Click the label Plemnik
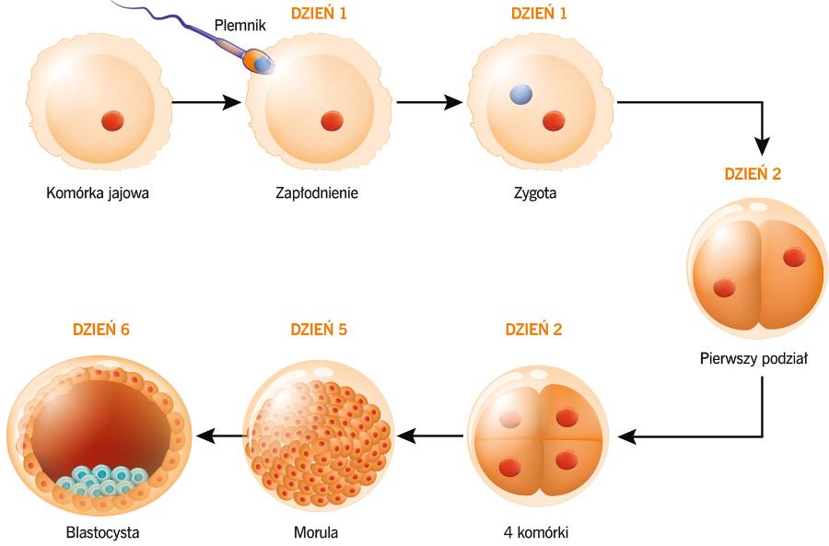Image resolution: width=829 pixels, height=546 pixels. pyautogui.click(x=240, y=25)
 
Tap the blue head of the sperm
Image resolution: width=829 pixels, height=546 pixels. pyautogui.click(x=263, y=64)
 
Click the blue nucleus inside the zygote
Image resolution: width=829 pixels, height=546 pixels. pyautogui.click(x=520, y=95)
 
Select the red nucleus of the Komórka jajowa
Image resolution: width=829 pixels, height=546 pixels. pyautogui.click(x=112, y=121)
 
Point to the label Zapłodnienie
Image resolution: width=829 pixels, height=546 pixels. pyautogui.click(x=317, y=193)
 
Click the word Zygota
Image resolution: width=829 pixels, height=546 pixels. pyautogui.click(x=535, y=193)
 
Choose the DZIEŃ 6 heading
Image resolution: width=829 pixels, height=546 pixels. pyautogui.click(x=101, y=330)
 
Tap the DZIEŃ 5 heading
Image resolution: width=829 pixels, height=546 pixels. pyautogui.click(x=319, y=330)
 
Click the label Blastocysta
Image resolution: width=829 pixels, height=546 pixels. pyautogui.click(x=102, y=532)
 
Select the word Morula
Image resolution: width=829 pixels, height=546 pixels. pyautogui.click(x=316, y=532)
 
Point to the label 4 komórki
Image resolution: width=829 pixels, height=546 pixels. pyautogui.click(x=535, y=532)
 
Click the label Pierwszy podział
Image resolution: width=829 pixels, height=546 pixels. pyautogui.click(x=753, y=359)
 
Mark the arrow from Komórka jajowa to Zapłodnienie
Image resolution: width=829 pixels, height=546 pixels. pyautogui.click(x=206, y=102)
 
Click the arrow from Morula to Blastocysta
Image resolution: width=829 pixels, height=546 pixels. pyautogui.click(x=222, y=436)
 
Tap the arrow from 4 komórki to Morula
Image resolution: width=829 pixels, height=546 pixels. pyautogui.click(x=430, y=436)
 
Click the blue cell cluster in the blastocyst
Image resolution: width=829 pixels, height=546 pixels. pyautogui.click(x=101, y=481)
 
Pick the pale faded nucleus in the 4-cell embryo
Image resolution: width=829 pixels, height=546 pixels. pyautogui.click(x=510, y=419)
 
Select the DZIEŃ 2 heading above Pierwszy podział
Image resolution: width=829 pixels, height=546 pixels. pyautogui.click(x=753, y=174)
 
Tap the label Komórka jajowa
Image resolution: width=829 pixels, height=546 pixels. pyautogui.click(x=98, y=193)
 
